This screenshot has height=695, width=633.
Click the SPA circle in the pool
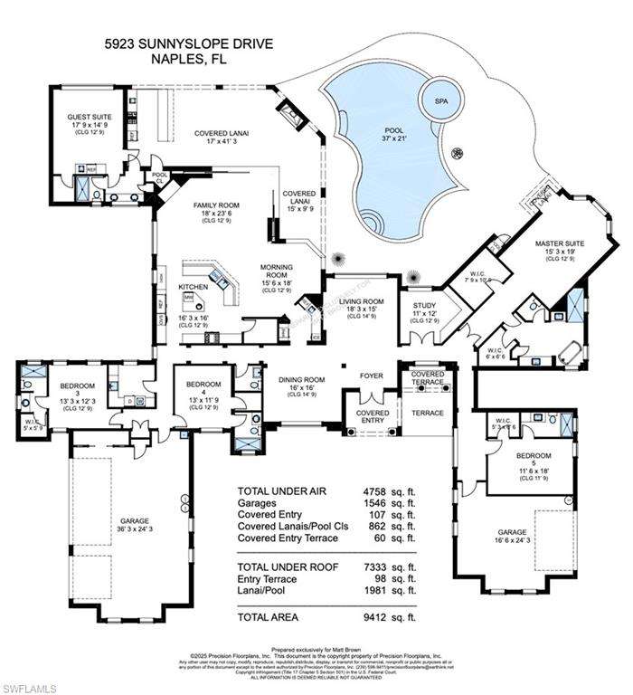[x=441, y=100]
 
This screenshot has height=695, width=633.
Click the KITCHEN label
[x=193, y=287]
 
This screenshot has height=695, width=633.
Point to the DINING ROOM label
[x=300, y=384]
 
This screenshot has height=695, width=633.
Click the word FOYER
[x=372, y=375]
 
